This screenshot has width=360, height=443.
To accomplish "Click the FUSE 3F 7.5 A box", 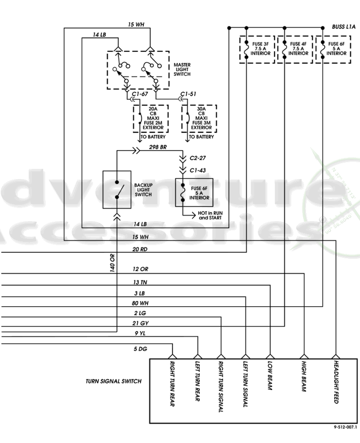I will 257,49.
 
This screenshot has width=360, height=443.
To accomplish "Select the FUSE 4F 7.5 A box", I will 295,49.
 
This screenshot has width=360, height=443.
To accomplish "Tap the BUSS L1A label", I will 343,26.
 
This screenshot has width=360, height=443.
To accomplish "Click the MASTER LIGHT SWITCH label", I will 182,70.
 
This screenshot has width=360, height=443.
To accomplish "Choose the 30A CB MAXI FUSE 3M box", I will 199,118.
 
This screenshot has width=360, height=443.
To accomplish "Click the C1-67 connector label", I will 140,95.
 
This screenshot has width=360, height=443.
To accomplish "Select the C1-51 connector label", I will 189,95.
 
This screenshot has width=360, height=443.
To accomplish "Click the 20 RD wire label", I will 139,249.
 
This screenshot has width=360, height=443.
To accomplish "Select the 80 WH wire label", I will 139,303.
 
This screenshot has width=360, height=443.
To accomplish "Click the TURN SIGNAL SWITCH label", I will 113,381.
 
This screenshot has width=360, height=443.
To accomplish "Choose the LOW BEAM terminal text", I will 269,376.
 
